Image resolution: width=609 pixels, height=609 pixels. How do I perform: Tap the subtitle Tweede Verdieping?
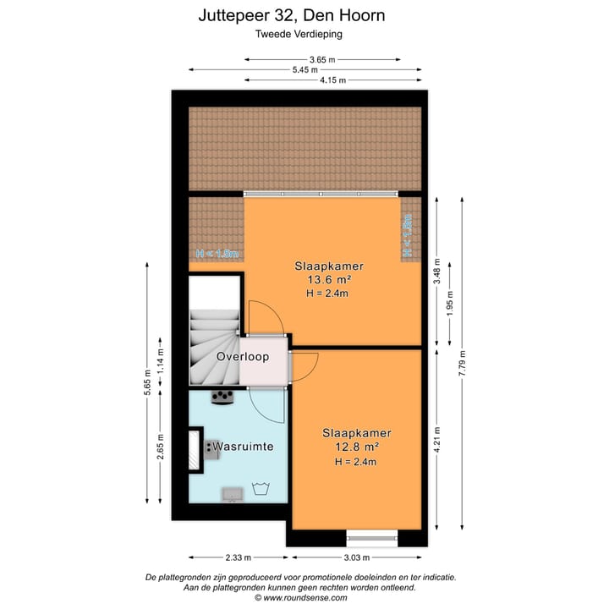point(304,35)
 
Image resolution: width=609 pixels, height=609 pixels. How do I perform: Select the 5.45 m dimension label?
point(304,69)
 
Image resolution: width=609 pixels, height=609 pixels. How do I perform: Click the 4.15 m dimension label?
point(333,80)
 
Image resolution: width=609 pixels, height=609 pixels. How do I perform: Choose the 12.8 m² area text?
point(349,447)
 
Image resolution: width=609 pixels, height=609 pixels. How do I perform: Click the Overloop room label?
point(242,357)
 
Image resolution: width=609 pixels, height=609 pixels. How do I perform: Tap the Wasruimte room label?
point(243,446)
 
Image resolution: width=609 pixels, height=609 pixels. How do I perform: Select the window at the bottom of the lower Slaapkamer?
point(372,535)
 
